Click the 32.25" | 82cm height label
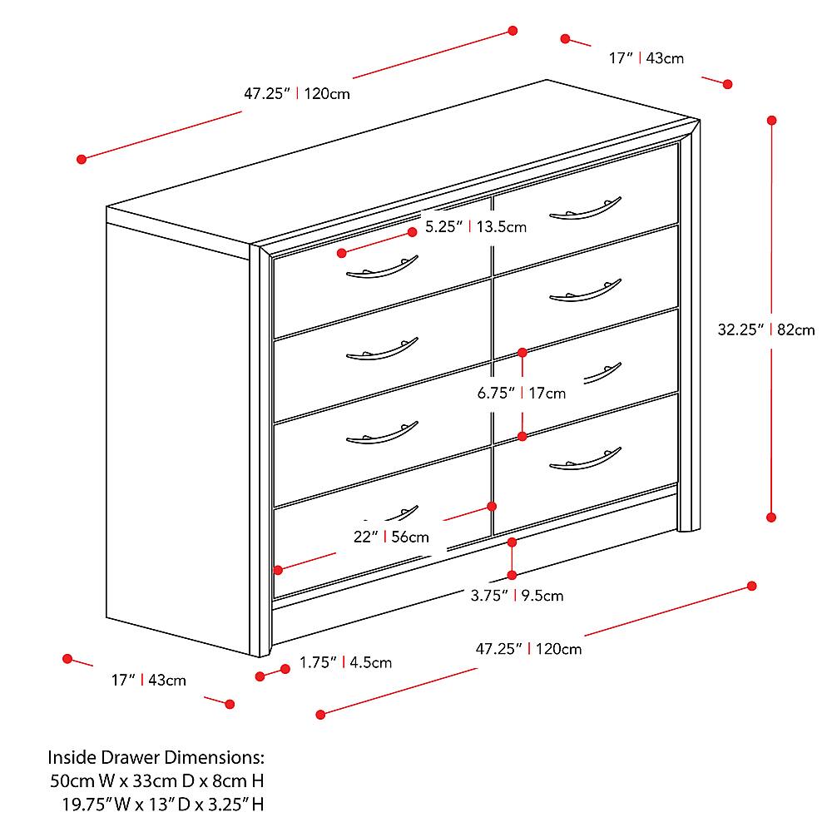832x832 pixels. (766, 329)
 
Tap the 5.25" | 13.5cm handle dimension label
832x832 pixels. (475, 226)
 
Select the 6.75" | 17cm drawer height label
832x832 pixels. (521, 394)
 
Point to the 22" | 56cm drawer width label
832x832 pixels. (391, 537)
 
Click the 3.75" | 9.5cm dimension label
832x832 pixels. (517, 596)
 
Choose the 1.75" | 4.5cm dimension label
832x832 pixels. (345, 663)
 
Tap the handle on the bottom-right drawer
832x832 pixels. (586, 459)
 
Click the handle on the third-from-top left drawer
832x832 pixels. (382, 434)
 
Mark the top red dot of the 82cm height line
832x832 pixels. (772, 121)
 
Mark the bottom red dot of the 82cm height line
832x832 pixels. (772, 517)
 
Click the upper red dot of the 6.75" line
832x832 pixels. (522, 352)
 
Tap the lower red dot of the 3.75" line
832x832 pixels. (513, 575)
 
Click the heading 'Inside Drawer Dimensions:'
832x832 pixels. (156, 758)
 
